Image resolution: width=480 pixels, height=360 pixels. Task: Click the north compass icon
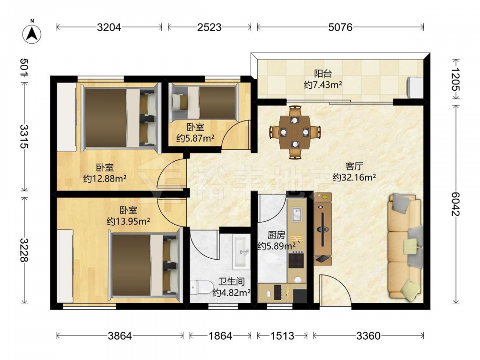pyautogui.click(x=32, y=33)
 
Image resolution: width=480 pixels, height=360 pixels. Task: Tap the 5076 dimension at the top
pyautogui.click(x=340, y=27)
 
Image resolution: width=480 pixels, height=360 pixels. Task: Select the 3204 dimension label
pyautogui.click(x=109, y=27)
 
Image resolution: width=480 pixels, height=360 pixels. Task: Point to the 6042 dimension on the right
pyautogui.click(x=455, y=204)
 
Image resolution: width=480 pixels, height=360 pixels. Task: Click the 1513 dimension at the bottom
pyautogui.click(x=282, y=336)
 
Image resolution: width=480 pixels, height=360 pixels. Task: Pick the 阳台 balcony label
pyautogui.click(x=323, y=74)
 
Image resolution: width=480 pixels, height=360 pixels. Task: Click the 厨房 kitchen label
pyautogui.click(x=276, y=235)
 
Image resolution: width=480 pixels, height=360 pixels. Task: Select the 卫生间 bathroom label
pyautogui.click(x=231, y=281)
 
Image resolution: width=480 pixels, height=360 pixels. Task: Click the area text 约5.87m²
pyautogui.click(x=195, y=138)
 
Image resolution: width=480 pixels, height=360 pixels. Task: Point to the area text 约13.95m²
pyautogui.click(x=128, y=221)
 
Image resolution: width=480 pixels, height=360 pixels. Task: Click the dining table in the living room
pyautogui.click(x=295, y=132)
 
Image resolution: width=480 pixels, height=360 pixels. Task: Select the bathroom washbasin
pyautogui.click(x=241, y=252)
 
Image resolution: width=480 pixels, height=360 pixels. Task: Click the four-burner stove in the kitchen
pyautogui.click(x=296, y=260)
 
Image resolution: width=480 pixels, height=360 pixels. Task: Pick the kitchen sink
pyautogui.click(x=297, y=214)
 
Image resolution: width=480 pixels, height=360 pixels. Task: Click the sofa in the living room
pyautogui.click(x=405, y=246)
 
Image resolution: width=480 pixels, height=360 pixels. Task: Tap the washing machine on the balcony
pyautogui.click(x=415, y=87)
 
